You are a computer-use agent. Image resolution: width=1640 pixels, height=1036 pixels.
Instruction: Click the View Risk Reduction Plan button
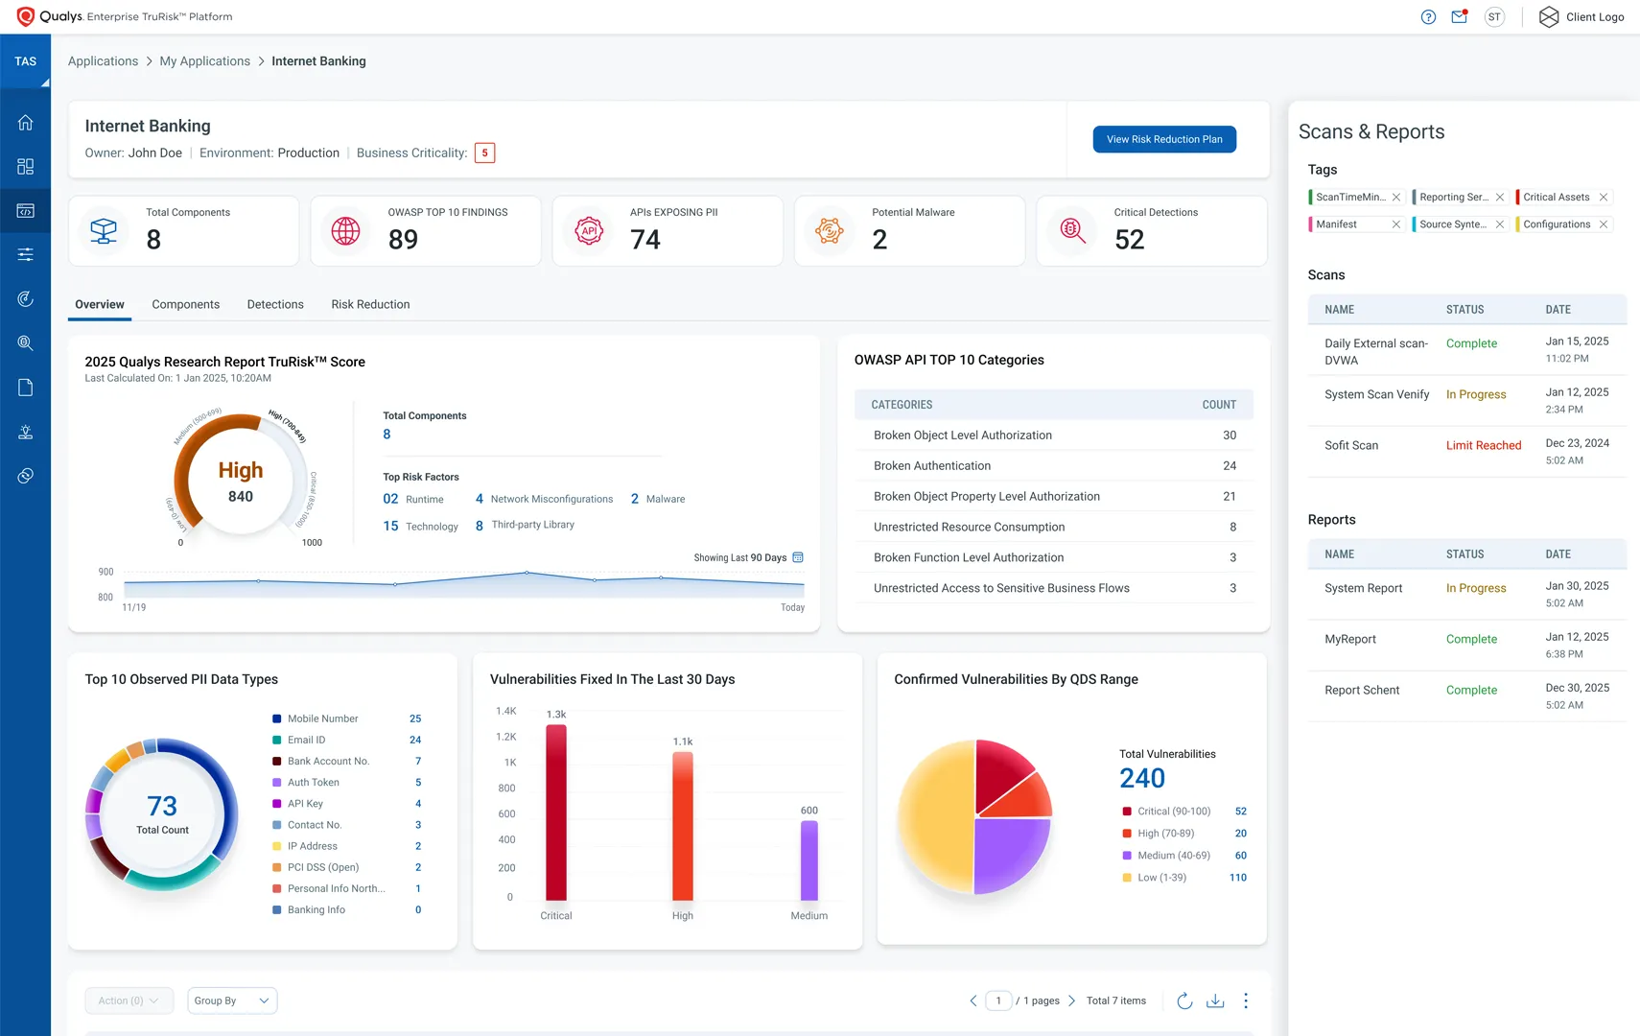coord(1163,139)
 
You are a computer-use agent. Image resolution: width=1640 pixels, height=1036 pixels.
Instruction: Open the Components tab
coord(185,304)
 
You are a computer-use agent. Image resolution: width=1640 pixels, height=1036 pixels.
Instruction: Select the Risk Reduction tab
coord(370,304)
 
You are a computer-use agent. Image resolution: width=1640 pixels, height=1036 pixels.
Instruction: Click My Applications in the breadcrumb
coord(204,61)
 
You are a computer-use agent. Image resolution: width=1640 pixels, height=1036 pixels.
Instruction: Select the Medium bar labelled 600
coord(809,860)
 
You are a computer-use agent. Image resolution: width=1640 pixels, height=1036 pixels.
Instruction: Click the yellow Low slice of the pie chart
coord(930,815)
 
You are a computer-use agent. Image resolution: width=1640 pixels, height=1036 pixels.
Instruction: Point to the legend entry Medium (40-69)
coord(1173,856)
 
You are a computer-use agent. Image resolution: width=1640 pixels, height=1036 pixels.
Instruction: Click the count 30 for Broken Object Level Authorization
coord(1229,436)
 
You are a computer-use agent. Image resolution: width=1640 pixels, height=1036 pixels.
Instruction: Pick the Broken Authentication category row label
coord(931,466)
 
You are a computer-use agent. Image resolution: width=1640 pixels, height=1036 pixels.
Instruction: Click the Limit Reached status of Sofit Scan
coord(1483,445)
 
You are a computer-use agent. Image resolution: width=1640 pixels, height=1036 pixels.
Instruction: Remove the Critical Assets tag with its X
coord(1603,198)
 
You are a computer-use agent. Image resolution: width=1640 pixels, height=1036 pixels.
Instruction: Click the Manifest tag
coord(1336,224)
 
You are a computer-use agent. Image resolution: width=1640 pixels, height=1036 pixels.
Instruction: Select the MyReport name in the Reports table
coord(1349,639)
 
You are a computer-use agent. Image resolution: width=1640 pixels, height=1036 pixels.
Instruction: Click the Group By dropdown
coord(232,1001)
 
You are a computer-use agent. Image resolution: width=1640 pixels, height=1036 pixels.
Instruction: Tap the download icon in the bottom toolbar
coord(1214,1001)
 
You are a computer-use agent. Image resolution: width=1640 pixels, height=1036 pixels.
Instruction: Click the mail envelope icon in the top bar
coord(1459,16)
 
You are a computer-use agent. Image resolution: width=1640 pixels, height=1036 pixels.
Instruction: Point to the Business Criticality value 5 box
coord(484,153)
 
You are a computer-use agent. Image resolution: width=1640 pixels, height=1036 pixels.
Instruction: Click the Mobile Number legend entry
coord(322,718)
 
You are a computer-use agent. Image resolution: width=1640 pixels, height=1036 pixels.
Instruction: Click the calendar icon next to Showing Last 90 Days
coord(798,557)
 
